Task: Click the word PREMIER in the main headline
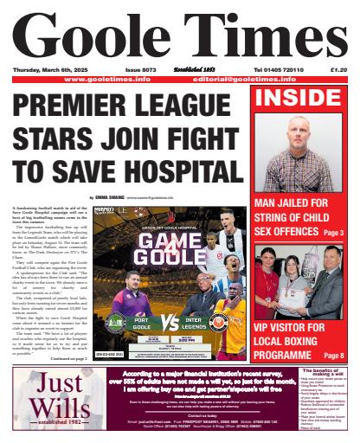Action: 66,106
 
